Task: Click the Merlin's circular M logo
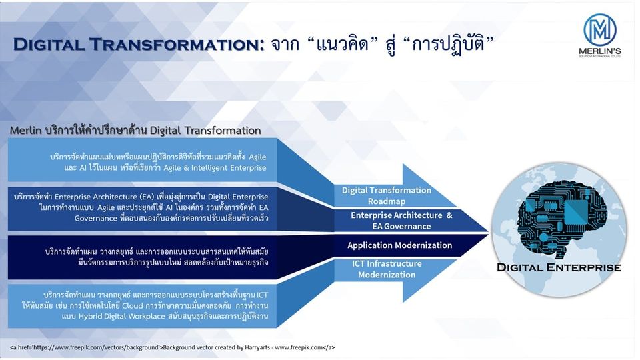[599, 30]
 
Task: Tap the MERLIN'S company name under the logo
[600, 51]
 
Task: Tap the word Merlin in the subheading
[25, 131]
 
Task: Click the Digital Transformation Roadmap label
[387, 195]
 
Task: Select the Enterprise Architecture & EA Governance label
[401, 221]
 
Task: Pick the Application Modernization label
[399, 245]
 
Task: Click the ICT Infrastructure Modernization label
[387, 269]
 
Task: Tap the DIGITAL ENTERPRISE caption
[559, 268]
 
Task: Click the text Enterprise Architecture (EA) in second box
[105, 197]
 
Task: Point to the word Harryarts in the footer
[257, 348]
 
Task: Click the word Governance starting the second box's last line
[95, 219]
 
